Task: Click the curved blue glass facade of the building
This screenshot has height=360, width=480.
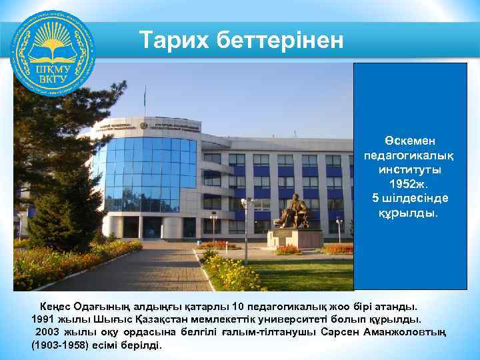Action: (x=143, y=173)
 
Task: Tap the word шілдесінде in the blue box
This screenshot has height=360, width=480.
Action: (x=420, y=198)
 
